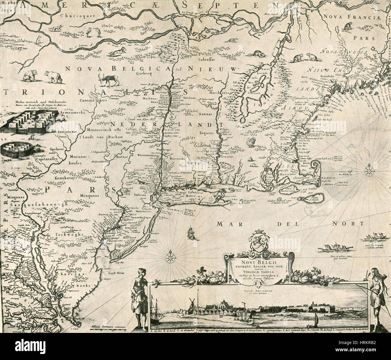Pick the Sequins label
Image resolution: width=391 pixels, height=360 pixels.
[206, 132]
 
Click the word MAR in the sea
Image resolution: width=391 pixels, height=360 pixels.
[231, 223]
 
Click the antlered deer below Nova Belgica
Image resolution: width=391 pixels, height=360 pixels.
[107, 80]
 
